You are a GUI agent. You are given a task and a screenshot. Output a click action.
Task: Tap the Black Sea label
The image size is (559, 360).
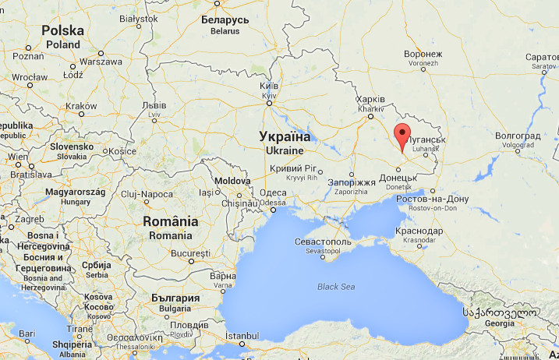tap(336, 287)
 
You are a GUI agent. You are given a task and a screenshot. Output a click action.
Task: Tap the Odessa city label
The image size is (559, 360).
tap(273, 197)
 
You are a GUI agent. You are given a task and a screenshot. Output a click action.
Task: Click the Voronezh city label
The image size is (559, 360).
tap(424, 58)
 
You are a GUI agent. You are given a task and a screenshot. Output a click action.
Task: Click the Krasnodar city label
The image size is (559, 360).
tap(419, 235)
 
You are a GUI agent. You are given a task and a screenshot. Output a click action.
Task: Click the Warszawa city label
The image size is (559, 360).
tap(101, 61)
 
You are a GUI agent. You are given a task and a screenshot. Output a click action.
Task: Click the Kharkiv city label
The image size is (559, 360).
tap(370, 104)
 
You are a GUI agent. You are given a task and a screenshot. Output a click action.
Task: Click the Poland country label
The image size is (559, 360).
tap(62, 36)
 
